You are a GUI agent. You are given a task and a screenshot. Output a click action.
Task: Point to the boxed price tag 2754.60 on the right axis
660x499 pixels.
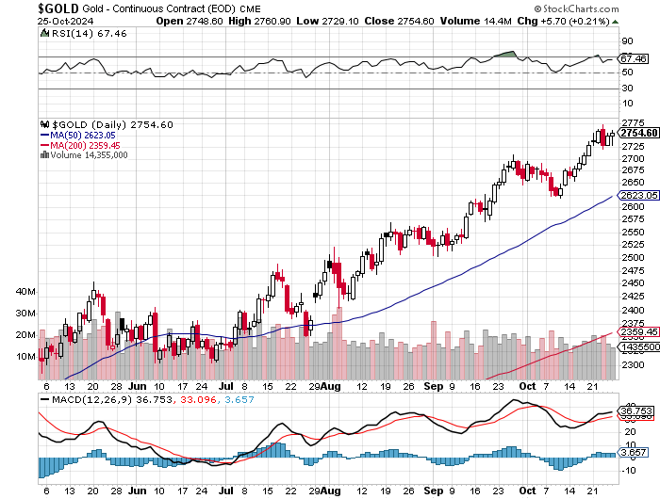[x=638, y=133]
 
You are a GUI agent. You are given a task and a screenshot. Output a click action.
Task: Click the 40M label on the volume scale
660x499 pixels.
[x=25, y=292]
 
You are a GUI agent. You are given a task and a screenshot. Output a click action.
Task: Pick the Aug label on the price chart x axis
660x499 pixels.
[x=329, y=386]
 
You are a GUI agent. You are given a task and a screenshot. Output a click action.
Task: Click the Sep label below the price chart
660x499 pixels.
[x=429, y=386]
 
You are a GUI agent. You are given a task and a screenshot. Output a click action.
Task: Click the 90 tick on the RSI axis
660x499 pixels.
[x=626, y=41]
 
